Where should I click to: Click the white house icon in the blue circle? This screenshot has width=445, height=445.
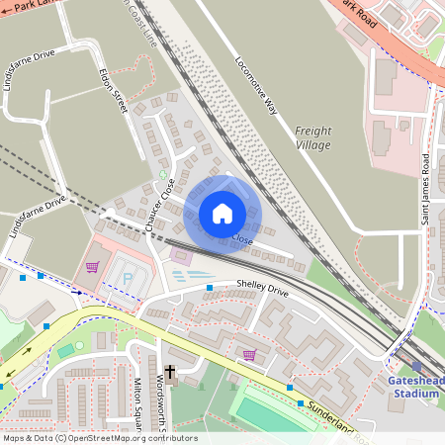(x=222, y=214)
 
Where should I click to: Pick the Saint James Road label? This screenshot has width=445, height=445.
(x=427, y=188)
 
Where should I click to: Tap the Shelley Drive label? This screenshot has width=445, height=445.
(x=262, y=287)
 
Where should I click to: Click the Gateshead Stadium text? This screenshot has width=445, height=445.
(x=414, y=387)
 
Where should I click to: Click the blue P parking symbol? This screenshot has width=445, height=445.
(x=129, y=278)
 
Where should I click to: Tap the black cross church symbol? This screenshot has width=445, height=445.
(x=169, y=373)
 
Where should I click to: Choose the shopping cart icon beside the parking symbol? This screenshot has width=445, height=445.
(x=93, y=267)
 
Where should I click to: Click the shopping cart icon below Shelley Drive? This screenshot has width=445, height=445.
(x=249, y=354)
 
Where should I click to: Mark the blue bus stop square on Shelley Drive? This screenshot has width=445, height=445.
(x=210, y=288)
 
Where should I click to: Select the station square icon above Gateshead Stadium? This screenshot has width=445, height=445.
(x=416, y=366)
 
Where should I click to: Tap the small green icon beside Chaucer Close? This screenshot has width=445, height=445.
(x=163, y=174)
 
